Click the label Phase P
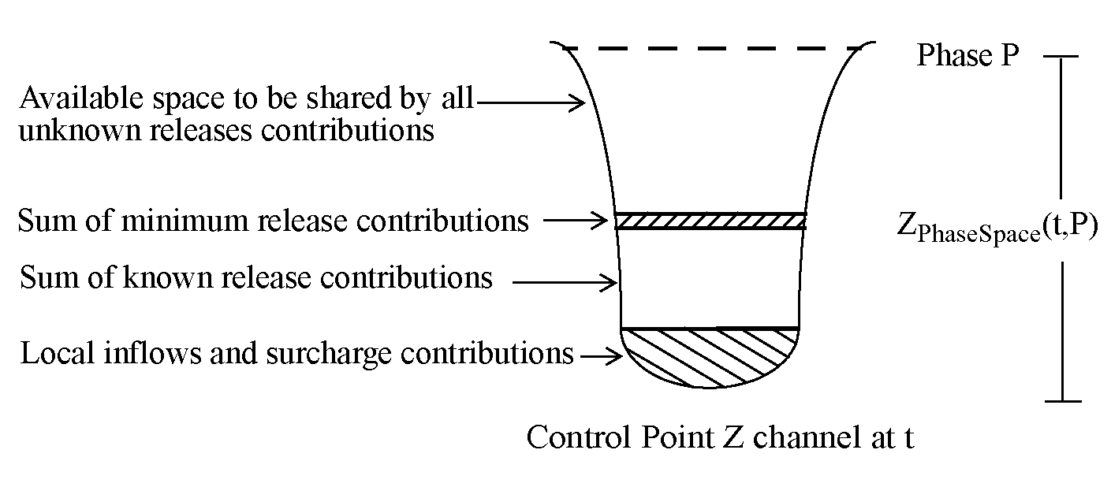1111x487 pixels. (x=967, y=56)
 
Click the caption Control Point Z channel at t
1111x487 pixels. (x=719, y=437)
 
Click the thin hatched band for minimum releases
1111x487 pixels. (x=710, y=221)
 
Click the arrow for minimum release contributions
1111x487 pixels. (x=578, y=221)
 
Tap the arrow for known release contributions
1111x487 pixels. (x=564, y=281)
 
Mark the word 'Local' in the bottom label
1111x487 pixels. (x=57, y=353)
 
